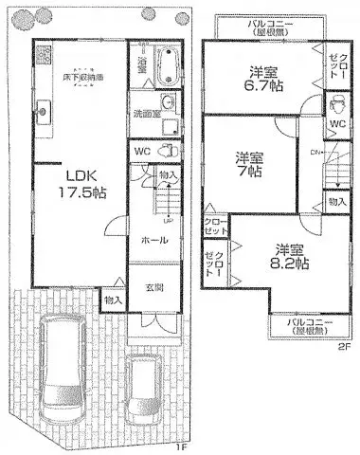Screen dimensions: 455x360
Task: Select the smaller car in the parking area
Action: click(x=142, y=389)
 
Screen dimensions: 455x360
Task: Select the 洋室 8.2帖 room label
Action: click(x=289, y=257)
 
